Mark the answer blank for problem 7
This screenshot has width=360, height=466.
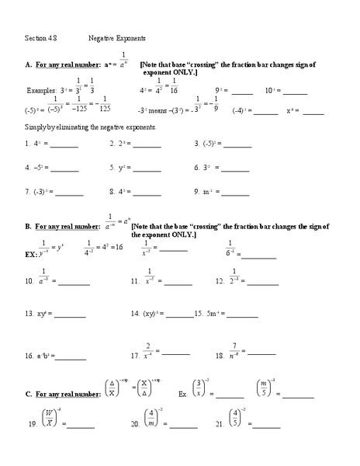pyautogui.click(x=69, y=192)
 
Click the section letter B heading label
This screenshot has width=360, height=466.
pyautogui.click(x=28, y=226)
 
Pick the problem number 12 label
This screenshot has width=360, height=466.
pyautogui.click(x=220, y=281)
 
